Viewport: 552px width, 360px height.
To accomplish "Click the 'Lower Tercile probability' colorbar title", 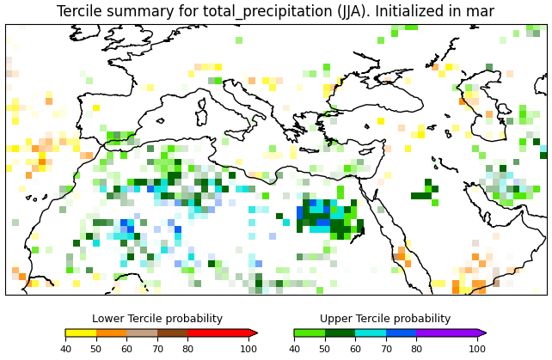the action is [x=157, y=319].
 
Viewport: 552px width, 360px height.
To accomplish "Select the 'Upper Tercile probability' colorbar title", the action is [x=385, y=319].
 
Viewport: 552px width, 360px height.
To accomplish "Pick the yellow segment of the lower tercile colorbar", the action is [x=81, y=333].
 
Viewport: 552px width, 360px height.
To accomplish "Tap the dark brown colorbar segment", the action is [x=173, y=333].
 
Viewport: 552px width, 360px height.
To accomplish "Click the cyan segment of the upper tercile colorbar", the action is [x=371, y=333].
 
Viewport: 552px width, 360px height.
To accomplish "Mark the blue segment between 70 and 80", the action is [x=401, y=333].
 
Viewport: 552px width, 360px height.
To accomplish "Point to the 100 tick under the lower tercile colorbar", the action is [x=249, y=349].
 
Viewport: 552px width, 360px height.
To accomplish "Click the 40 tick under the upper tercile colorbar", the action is [x=294, y=349].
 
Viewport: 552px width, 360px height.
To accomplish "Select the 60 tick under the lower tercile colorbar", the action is [x=126, y=349].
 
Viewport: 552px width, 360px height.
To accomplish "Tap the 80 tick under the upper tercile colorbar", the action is [x=416, y=349].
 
